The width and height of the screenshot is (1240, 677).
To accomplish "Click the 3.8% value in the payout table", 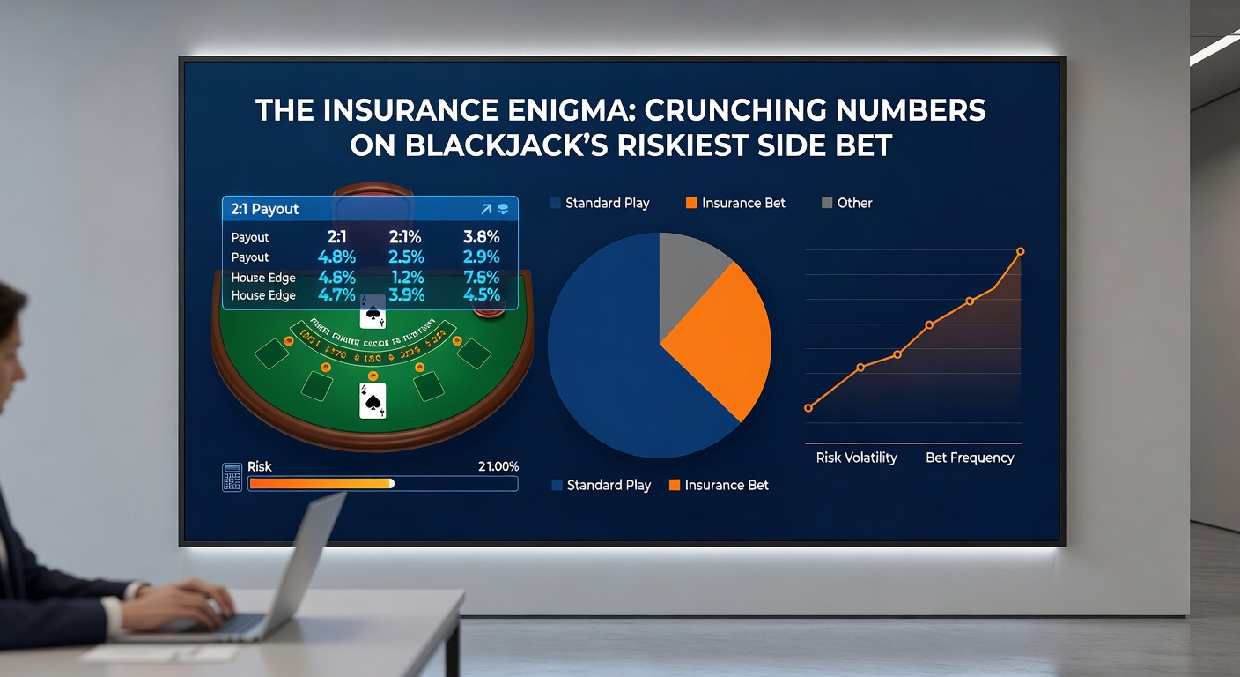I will [x=481, y=237].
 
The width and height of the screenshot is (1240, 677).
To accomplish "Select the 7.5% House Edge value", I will [x=481, y=277].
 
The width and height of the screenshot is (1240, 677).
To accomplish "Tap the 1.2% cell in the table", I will [x=406, y=277].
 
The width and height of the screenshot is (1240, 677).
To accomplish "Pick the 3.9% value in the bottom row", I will [x=406, y=295].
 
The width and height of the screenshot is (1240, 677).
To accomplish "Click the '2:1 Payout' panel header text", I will [x=264, y=209].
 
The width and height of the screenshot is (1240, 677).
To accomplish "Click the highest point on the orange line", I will [x=1021, y=251].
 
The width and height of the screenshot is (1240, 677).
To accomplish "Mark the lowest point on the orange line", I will [x=808, y=407].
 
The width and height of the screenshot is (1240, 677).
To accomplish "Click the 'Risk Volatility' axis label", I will [x=856, y=458].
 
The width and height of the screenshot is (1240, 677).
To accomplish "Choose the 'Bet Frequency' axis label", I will [x=970, y=458].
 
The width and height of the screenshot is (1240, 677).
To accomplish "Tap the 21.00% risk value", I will [x=498, y=466].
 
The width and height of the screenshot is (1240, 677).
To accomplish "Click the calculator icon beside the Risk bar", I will [x=232, y=477].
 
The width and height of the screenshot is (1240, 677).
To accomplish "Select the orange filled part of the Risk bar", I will [x=321, y=484].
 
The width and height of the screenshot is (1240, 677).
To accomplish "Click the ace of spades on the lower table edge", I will [x=373, y=401].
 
